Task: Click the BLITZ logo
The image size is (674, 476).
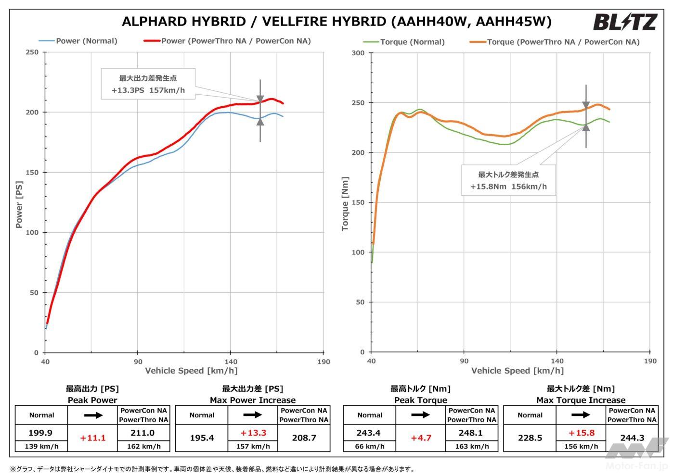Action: [x=625, y=22]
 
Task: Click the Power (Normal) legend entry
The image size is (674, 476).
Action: [x=78, y=41]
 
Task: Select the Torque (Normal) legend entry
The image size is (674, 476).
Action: [x=404, y=42]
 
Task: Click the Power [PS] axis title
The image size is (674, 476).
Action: [x=19, y=204]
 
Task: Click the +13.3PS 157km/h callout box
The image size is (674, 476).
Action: [x=148, y=84]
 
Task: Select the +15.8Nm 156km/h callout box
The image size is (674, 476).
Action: [x=508, y=180]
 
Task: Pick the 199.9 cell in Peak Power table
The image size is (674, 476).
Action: [x=41, y=433]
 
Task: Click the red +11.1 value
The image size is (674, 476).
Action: [x=92, y=438]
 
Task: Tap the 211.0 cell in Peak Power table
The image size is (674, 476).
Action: [x=143, y=433]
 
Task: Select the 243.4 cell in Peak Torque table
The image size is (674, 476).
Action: [x=369, y=433]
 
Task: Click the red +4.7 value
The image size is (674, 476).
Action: [x=421, y=438]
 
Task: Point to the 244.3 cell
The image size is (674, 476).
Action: [x=632, y=438]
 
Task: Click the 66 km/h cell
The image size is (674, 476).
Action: [x=369, y=446]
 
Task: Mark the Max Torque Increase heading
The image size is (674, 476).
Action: [x=581, y=400]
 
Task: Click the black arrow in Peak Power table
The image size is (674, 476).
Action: [x=92, y=415]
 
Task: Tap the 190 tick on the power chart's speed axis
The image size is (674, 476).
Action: [x=324, y=362]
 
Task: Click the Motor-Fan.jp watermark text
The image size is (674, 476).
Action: [x=636, y=466]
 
